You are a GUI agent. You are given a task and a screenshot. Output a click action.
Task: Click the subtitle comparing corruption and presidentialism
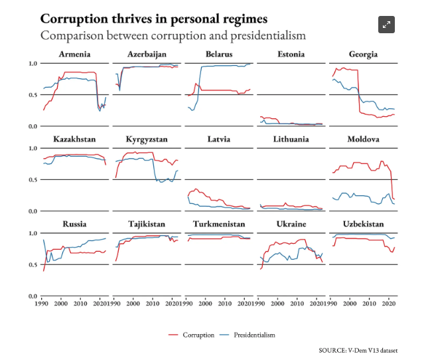pos(173,35)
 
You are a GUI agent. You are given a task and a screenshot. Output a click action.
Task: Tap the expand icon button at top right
pos(386,25)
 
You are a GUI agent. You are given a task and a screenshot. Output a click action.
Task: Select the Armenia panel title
pos(74,54)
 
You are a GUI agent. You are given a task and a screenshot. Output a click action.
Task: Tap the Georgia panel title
pos(363,54)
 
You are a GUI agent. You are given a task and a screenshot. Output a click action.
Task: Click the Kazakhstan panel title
pos(74,139)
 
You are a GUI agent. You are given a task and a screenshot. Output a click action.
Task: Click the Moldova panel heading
pos(363,139)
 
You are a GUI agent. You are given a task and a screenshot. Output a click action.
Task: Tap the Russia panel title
pos(74,224)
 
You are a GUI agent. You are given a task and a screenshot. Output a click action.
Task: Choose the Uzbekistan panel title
pos(363,224)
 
